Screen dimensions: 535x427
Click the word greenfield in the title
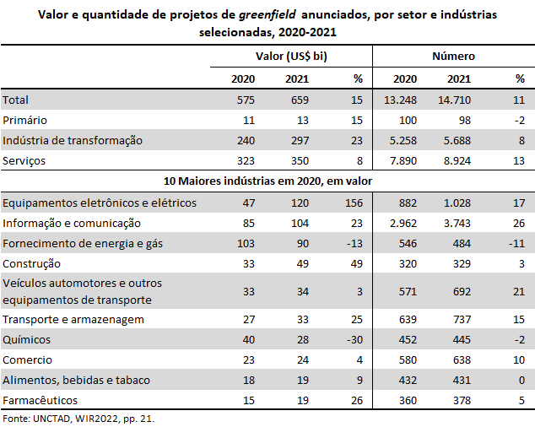tap(267, 14)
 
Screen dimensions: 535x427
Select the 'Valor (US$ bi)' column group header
tap(291, 56)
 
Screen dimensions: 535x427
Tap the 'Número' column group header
tap(453, 56)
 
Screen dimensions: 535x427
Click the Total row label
tap(15, 100)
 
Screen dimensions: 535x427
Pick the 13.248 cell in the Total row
tap(400, 100)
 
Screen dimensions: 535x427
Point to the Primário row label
tap(24, 120)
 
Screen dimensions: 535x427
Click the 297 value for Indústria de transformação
tap(300, 140)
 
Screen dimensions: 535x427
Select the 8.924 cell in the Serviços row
tap(457, 161)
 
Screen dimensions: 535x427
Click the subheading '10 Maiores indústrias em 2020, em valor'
tap(267, 181)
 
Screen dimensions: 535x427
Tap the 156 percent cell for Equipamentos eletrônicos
tap(354, 203)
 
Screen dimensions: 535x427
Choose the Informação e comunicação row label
tap(72, 224)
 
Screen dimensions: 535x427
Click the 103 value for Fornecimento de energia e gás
tap(246, 243)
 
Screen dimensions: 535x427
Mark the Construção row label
tap(31, 264)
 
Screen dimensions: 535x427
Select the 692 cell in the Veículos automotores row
tap(462, 291)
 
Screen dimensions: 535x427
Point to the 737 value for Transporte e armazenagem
tap(462, 320)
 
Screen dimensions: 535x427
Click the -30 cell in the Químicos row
tap(354, 339)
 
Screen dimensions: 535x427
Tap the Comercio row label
tap(27, 359)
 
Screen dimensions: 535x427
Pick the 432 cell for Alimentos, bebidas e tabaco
tap(408, 380)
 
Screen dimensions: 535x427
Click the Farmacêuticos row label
tap(40, 400)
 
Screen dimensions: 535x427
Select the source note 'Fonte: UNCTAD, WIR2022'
tap(59, 419)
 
